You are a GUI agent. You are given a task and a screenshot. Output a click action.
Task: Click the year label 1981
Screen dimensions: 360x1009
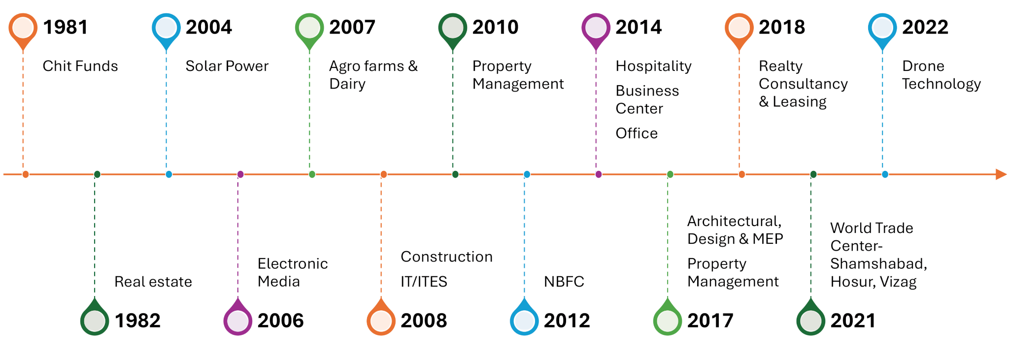[x=65, y=27]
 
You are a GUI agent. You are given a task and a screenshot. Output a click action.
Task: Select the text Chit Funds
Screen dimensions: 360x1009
[x=80, y=66]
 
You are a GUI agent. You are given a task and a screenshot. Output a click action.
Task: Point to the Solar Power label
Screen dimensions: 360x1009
[x=227, y=66]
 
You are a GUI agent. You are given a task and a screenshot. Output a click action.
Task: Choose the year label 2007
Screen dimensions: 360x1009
[x=352, y=27]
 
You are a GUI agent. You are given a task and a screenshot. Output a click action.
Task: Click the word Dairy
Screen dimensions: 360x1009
[x=347, y=84]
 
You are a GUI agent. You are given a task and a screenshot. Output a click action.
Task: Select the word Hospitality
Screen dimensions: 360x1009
[x=653, y=66]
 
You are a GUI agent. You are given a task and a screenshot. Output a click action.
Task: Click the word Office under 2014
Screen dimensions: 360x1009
[x=636, y=133]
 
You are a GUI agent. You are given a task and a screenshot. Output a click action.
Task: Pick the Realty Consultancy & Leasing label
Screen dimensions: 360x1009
[x=803, y=84]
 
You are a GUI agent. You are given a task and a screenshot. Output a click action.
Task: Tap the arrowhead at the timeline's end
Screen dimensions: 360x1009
[x=1001, y=174]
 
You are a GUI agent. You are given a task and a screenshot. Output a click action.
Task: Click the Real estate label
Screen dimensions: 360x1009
[x=153, y=282]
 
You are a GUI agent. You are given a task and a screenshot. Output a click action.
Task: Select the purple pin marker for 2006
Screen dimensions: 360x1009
[x=237, y=321]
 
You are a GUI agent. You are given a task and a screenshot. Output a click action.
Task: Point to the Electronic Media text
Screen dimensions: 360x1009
[x=292, y=272]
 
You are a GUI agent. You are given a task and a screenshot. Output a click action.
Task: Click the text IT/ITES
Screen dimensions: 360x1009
[x=424, y=282]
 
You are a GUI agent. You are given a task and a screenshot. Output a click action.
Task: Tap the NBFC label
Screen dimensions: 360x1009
[x=564, y=282]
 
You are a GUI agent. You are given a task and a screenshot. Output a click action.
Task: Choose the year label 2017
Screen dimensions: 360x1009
[x=710, y=321]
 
